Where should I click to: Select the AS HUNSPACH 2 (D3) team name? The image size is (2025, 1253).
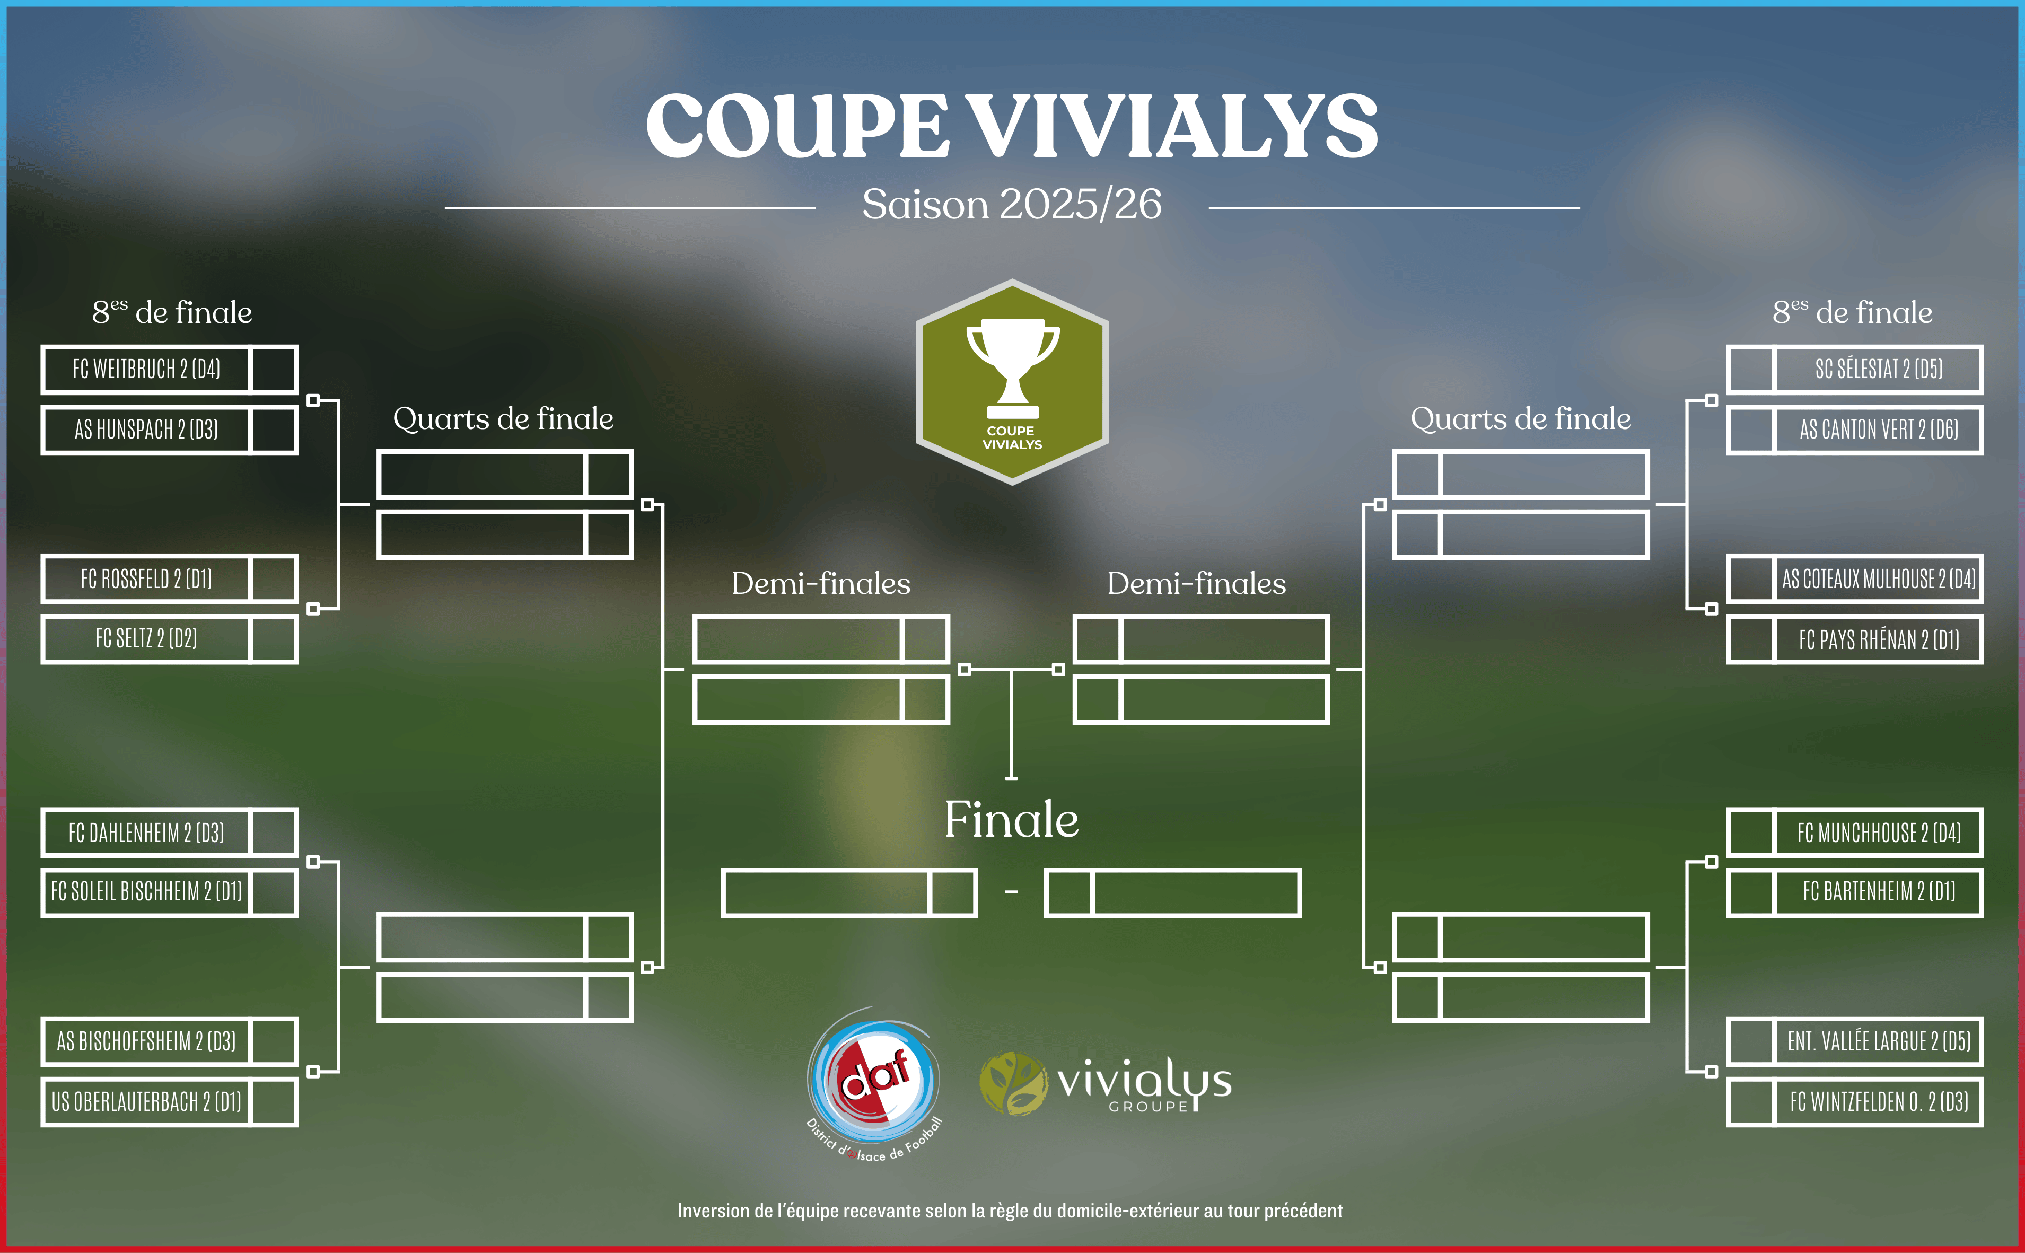click(147, 430)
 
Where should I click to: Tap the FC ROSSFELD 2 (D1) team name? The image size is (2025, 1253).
click(147, 579)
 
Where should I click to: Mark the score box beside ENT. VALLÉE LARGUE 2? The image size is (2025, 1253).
click(1751, 1041)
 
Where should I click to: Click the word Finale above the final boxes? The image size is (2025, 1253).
click(1012, 820)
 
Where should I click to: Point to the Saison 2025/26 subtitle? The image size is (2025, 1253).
click(1012, 204)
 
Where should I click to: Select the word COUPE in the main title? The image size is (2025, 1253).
click(797, 126)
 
